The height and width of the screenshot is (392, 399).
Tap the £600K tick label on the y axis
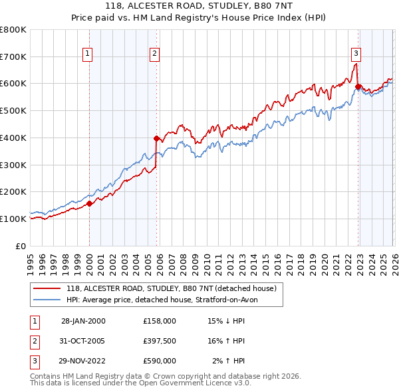(x=13, y=84)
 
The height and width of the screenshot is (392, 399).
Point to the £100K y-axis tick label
(x=13, y=219)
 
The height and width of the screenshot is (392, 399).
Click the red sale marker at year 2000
(x=89, y=203)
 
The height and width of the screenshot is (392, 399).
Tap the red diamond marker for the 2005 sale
(x=157, y=139)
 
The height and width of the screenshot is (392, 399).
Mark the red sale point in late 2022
(x=358, y=86)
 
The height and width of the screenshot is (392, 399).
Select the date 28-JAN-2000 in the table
(x=83, y=321)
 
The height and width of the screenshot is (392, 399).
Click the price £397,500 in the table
(x=159, y=341)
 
